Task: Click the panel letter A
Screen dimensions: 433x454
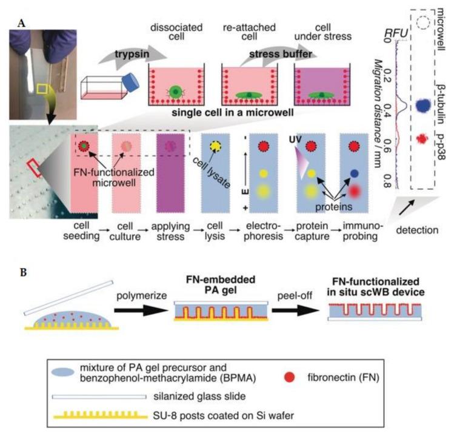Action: pyautogui.click(x=22, y=7)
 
